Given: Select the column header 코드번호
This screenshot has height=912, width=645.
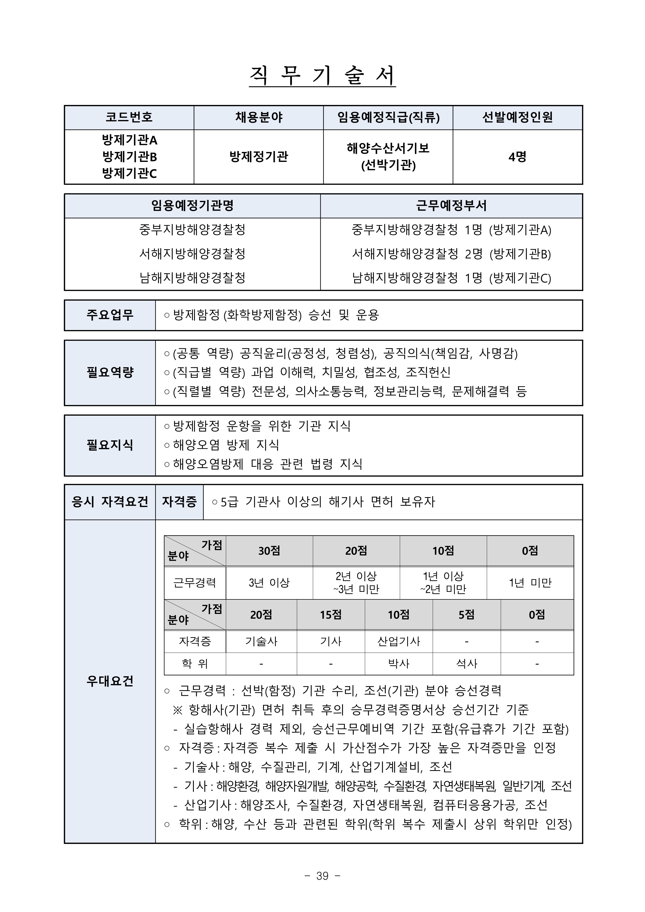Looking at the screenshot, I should tap(129, 117).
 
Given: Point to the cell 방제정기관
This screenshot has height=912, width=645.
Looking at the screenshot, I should tap(259, 157).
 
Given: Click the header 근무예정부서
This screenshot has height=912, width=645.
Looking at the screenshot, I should tap(451, 206).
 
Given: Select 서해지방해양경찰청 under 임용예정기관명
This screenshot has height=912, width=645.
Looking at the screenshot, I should tap(192, 254).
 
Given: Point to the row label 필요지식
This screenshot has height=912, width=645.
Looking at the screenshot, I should tap(110, 445).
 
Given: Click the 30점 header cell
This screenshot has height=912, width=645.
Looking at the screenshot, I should tap(269, 550).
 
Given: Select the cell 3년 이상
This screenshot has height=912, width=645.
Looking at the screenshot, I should tap(269, 583).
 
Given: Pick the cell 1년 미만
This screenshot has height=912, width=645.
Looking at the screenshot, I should tap(530, 583).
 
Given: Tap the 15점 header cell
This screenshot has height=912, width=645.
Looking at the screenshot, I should tap(331, 615).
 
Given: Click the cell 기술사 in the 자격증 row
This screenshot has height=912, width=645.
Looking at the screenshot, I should tap(261, 641).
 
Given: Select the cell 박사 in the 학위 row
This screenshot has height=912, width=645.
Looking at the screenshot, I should tap(399, 663).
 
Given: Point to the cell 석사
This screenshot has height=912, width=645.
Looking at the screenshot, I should tap(467, 663).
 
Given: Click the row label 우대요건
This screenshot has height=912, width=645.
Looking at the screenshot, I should tap(110, 681).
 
